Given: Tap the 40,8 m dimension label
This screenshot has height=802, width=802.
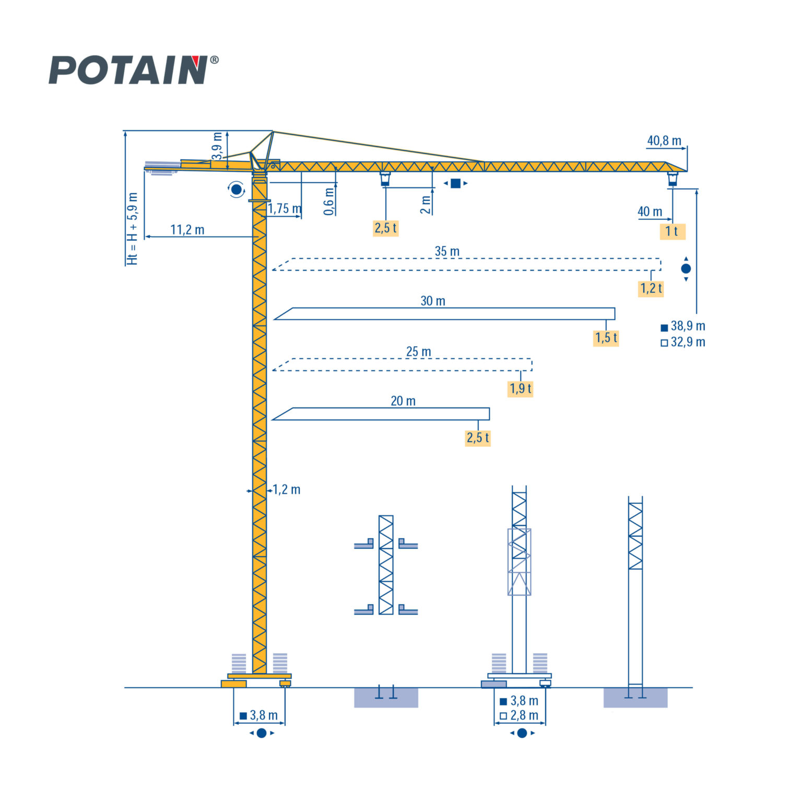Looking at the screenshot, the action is tap(664, 141).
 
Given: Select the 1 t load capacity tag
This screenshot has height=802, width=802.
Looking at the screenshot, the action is tap(672, 231).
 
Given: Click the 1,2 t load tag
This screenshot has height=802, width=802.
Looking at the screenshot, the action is tap(651, 288).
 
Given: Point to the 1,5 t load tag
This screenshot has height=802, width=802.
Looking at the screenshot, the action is tap(606, 338).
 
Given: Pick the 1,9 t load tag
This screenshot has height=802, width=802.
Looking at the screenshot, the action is tap(521, 388).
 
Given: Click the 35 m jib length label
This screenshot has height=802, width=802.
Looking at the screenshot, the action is tap(447, 251).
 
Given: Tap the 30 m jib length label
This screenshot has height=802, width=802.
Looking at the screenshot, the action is tap(433, 301).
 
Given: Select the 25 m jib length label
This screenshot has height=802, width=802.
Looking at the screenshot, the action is tap(419, 351).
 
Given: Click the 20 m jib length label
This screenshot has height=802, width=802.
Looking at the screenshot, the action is tap(403, 401).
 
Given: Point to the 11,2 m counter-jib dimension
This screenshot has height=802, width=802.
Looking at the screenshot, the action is tap(187, 230).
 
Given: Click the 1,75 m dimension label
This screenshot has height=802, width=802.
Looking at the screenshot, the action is tap(285, 209).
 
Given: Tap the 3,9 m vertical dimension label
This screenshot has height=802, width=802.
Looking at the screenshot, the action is tap(218, 146).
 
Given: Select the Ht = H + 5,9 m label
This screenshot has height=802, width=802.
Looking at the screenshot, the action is tap(133, 229).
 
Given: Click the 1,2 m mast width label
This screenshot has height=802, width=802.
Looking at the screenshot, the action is tap(287, 490).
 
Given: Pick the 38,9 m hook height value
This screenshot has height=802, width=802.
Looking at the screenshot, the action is tap(688, 326).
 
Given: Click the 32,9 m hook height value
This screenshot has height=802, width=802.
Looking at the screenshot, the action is tap(688, 342).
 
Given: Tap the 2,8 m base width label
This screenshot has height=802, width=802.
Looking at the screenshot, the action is tap(524, 715).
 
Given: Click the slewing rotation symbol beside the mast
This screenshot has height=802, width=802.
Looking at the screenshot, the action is tap(237, 189).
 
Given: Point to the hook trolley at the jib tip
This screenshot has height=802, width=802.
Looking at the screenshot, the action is tap(673, 179).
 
